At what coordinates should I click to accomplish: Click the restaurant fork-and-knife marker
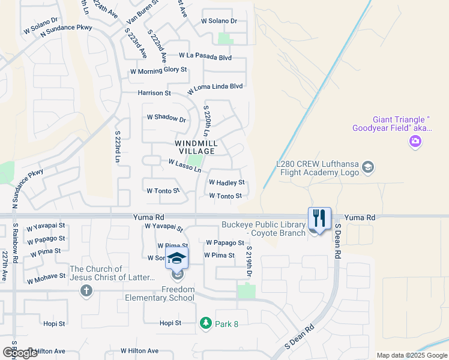pyautogui.click(x=319, y=218)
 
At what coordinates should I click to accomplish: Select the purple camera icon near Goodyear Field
pyautogui.click(x=415, y=142)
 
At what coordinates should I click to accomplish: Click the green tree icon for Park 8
pyautogui.click(x=205, y=323)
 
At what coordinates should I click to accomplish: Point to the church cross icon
pyautogui.click(x=86, y=291)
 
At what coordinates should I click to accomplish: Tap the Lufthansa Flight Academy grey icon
pyautogui.click(x=369, y=167)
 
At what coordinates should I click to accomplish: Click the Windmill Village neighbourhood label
pyautogui.click(x=195, y=148)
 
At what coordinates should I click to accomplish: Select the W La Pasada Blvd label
pyautogui.click(x=205, y=56)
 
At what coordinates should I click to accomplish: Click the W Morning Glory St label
pyautogui.click(x=159, y=71)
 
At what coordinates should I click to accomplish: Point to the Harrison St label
pyautogui.click(x=154, y=93)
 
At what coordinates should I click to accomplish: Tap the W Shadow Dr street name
pyautogui.click(x=166, y=119)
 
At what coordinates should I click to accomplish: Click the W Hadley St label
pyautogui.click(x=226, y=182)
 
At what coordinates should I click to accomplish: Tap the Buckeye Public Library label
pyautogui.click(x=264, y=229)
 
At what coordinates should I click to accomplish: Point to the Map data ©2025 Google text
pyautogui.click(x=411, y=355)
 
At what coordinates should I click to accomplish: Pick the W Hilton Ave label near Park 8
pyautogui.click(x=139, y=350)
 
